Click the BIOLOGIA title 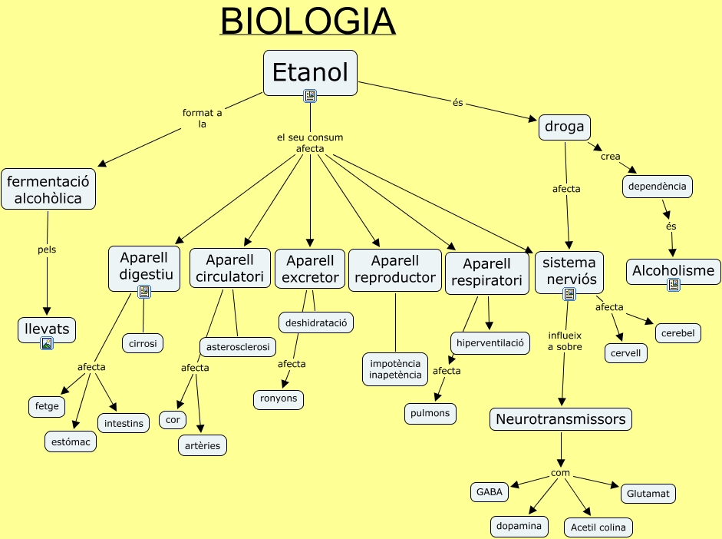coord(308,21)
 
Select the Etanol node coord(310,73)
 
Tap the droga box coord(565,127)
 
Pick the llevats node coord(47,329)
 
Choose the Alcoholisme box coord(673,270)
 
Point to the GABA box coord(490,492)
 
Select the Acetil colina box coord(598,527)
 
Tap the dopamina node coord(519,526)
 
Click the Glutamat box coord(648,494)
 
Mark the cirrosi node coord(143,343)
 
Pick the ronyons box coord(279,399)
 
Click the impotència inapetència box coord(395,369)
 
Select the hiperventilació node coord(490,342)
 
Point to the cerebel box coord(677,333)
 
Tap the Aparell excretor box coord(310,268)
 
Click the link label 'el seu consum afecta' coord(310,143)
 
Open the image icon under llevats coord(47,344)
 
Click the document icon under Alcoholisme coord(673,285)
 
